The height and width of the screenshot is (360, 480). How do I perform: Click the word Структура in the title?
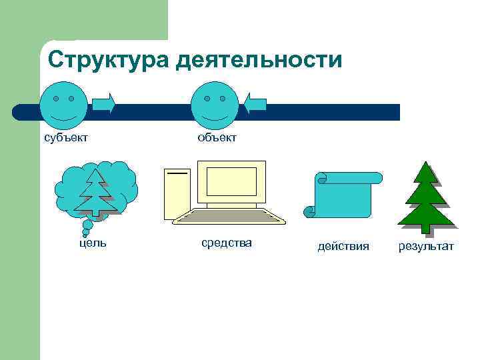point(108,61)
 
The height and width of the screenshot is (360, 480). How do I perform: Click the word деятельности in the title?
point(259,61)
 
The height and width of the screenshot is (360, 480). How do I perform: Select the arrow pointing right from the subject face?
point(103,103)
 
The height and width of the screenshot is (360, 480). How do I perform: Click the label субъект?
point(66,137)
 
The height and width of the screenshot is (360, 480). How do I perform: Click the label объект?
point(217,137)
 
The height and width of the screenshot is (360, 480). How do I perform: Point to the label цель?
point(93,243)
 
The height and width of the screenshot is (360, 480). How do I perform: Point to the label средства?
point(227,243)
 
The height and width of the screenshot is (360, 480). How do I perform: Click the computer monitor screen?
point(231,181)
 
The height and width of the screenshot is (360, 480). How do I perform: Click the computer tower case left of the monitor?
point(177,193)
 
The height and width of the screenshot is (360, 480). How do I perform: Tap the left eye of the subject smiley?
point(55,99)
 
